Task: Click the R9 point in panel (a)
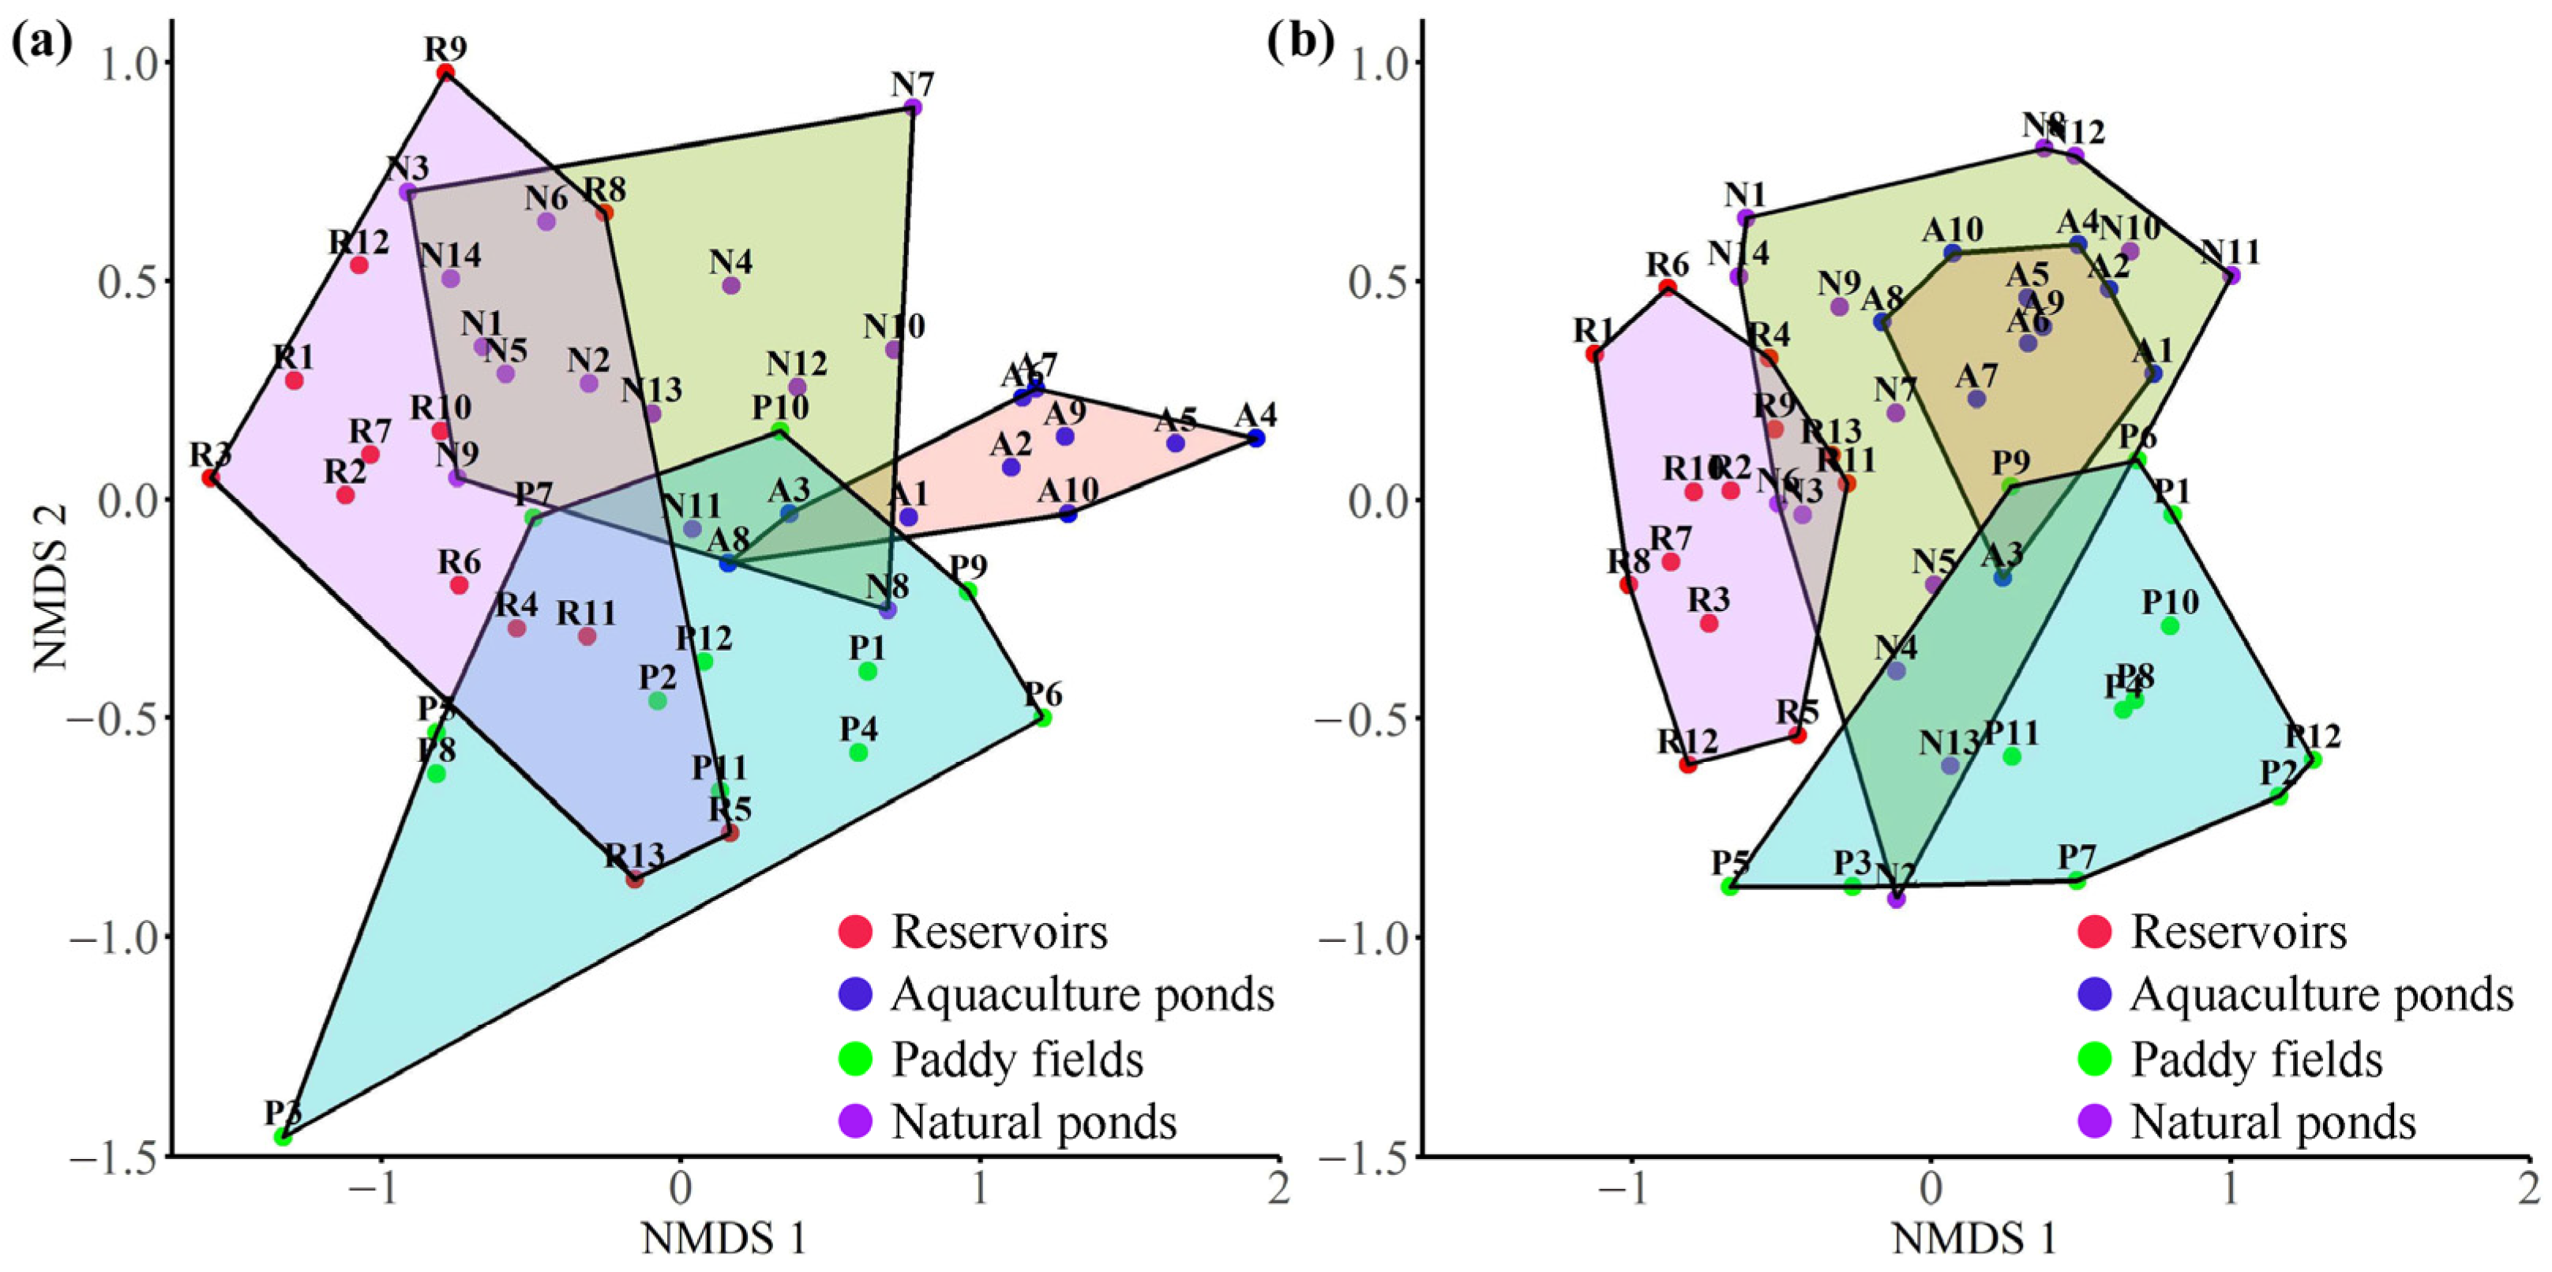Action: pyautogui.click(x=446, y=73)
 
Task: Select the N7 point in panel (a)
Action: pyautogui.click(x=914, y=107)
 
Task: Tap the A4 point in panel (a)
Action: pyautogui.click(x=1256, y=438)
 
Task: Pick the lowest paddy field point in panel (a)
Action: pyautogui.click(x=283, y=1136)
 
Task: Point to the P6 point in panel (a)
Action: pyautogui.click(x=1043, y=717)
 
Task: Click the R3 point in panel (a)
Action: pyautogui.click(x=210, y=478)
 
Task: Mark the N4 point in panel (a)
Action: pyautogui.click(x=731, y=285)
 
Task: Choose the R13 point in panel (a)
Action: pyautogui.click(x=635, y=879)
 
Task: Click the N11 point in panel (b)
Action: pyautogui.click(x=2231, y=276)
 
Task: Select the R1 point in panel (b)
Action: pyautogui.click(x=1594, y=354)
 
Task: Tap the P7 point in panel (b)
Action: pyautogui.click(x=2077, y=880)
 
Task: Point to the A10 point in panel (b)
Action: pyautogui.click(x=1953, y=253)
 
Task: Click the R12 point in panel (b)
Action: pyautogui.click(x=1688, y=764)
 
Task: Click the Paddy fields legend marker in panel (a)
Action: pyautogui.click(x=855, y=1060)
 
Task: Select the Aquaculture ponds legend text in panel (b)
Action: pyautogui.click(x=2322, y=996)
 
